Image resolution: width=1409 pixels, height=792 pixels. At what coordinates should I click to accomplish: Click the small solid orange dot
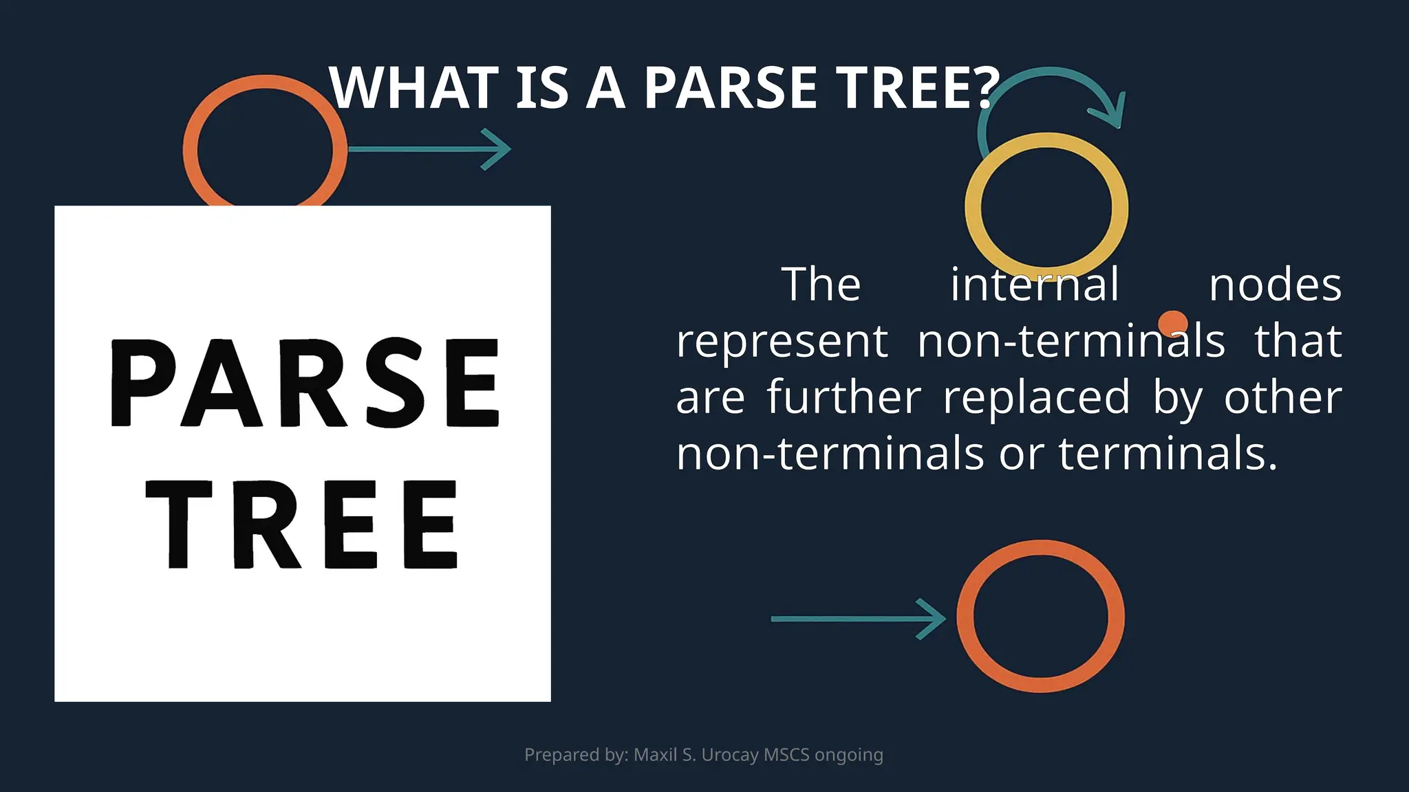point(1172,323)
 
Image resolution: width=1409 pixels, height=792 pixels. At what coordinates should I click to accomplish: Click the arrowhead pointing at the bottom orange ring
point(933,619)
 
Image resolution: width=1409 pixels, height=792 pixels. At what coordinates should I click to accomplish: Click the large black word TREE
point(303,525)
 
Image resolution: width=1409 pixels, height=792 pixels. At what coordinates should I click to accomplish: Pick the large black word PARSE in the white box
point(305,383)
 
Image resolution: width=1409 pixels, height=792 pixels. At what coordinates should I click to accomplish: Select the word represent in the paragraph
point(782,341)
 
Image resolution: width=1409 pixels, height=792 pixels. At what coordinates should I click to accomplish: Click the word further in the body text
point(843,397)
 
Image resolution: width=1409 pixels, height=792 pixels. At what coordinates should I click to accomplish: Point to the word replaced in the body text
point(1036,397)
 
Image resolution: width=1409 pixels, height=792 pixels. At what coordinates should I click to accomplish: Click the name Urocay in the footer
point(730,755)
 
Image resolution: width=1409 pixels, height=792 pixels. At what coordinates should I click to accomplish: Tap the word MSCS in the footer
point(786,755)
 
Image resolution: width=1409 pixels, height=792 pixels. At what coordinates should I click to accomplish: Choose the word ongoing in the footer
point(848,755)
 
